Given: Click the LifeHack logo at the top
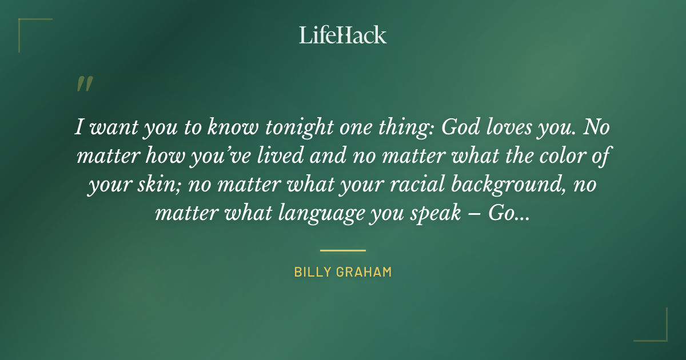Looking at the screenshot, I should coord(343,35).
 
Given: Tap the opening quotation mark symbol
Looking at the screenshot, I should coord(84,84).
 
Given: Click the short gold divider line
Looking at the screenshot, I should coord(343,250).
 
